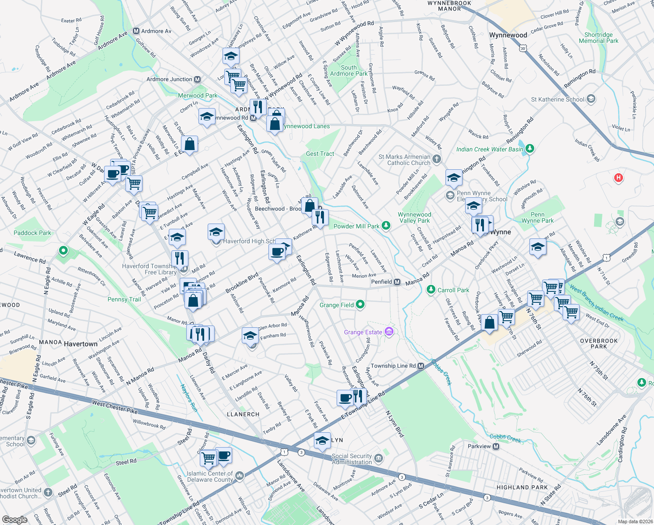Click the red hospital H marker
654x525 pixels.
click(618, 178)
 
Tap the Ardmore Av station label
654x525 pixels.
click(156, 31)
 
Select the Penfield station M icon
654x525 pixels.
click(397, 282)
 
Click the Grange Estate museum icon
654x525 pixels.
click(389, 332)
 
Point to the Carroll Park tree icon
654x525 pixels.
click(431, 290)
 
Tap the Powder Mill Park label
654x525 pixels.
click(356, 226)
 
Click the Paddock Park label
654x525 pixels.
click(32, 233)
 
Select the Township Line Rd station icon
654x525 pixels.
click(421, 366)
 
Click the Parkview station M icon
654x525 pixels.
click(496, 446)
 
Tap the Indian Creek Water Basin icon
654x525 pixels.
click(530, 149)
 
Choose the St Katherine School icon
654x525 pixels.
click(591, 99)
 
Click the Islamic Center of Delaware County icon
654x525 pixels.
click(239, 476)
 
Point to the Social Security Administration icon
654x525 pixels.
click(379, 458)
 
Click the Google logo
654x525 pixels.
click(15, 519)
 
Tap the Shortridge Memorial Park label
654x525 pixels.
click(598, 38)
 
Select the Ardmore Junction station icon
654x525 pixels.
click(198, 79)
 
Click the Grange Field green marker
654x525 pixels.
click(360, 304)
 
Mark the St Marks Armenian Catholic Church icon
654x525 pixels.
click(437, 159)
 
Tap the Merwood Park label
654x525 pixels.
click(198, 95)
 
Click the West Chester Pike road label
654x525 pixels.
click(115, 407)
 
